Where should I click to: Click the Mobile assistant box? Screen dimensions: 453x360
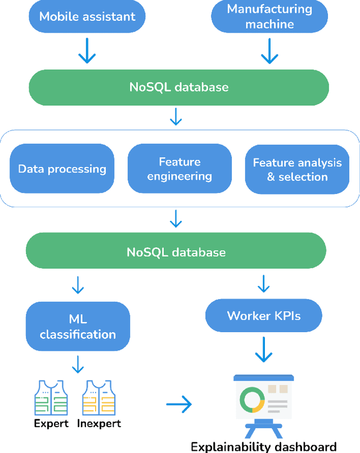click(87, 16)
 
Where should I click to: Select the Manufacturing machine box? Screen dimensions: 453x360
click(269, 16)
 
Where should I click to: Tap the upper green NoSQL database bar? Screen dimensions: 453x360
click(179, 87)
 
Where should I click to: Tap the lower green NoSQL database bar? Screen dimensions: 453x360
click(176, 252)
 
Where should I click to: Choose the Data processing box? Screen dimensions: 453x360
click(62, 169)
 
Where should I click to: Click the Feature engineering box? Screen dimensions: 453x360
click(179, 169)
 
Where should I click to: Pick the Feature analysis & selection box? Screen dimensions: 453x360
click(297, 169)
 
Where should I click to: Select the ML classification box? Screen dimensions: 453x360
click(78, 326)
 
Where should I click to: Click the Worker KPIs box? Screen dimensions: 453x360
click(264, 315)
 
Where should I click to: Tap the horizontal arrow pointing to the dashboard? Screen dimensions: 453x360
click(179, 404)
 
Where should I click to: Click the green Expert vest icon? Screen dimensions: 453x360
click(51, 398)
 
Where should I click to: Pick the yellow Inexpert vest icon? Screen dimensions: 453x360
click(98, 398)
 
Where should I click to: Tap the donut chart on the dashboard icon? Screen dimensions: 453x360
click(251, 400)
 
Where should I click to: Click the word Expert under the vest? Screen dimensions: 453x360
click(51, 424)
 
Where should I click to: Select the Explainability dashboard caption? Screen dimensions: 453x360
click(263, 447)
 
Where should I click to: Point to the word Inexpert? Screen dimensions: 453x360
click(99, 424)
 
